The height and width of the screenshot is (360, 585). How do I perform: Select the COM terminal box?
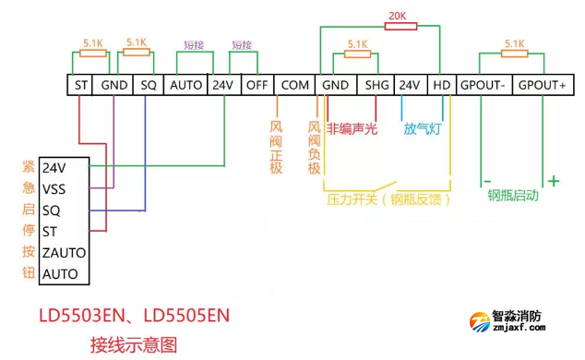(x=294, y=84)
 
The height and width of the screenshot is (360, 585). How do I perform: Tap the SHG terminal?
(x=377, y=84)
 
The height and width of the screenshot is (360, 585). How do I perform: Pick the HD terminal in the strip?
(x=442, y=84)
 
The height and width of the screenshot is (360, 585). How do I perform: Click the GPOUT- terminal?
(x=484, y=84)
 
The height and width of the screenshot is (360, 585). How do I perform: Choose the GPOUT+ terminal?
(x=542, y=84)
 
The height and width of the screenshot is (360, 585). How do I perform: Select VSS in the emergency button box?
(x=54, y=188)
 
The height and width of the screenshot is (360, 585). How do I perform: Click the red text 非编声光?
(x=352, y=129)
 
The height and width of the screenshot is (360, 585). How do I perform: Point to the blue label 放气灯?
(x=423, y=129)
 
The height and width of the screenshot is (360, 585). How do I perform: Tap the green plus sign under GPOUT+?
(x=554, y=181)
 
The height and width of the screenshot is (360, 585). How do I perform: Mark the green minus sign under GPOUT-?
(x=485, y=181)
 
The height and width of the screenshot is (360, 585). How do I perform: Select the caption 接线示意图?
(x=132, y=345)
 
